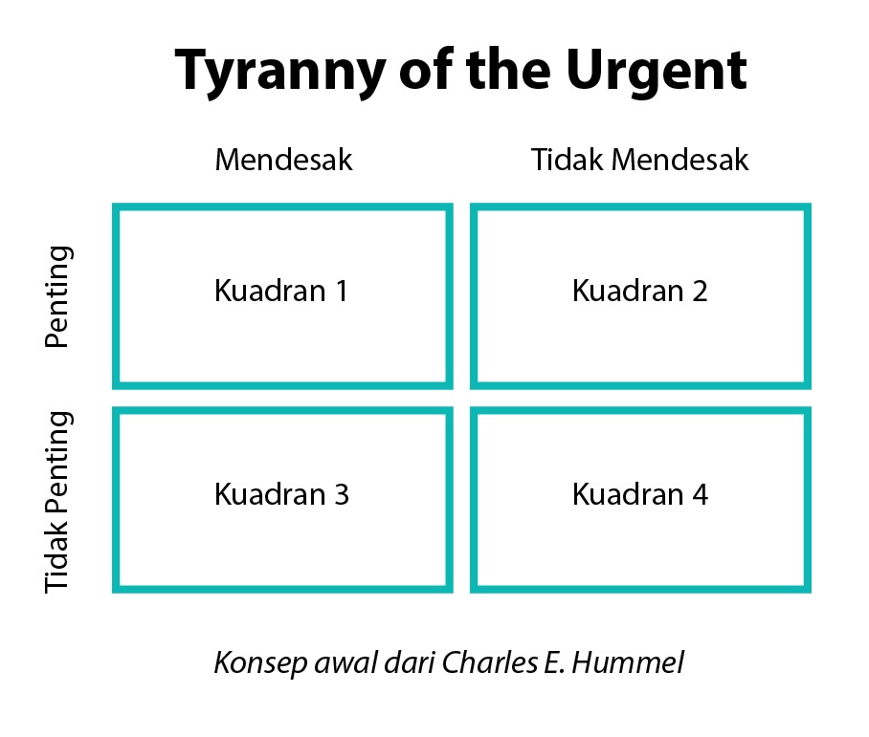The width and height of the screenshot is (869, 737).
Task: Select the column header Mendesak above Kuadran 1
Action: pos(283,160)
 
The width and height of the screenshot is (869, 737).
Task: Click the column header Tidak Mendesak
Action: pos(639,160)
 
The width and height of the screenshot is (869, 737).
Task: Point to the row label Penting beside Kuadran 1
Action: pos(58,297)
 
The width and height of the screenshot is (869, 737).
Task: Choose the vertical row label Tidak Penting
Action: pos(58,502)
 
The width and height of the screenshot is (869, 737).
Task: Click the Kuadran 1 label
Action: pos(281,291)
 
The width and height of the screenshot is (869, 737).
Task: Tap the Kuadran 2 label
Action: pos(639,291)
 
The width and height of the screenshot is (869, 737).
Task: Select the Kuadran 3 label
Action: pos(281,494)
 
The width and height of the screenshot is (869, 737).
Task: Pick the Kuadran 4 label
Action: pos(639,494)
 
